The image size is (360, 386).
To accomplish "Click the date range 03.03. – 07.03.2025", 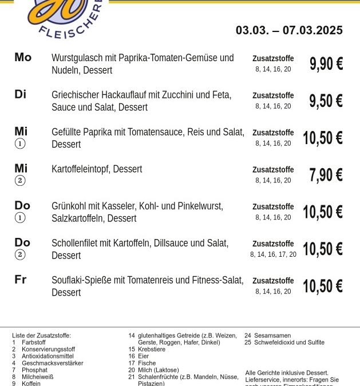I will point(289,30).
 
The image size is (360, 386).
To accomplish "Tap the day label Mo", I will point(23,57).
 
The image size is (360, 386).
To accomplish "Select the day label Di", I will point(21,94).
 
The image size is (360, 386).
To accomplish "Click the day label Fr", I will point(21,280).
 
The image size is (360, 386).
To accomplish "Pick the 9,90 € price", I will point(326,63).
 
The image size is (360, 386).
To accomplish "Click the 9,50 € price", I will point(326,101).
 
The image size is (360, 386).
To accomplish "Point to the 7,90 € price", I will point(326,175).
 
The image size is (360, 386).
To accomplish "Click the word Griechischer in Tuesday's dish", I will point(76,95).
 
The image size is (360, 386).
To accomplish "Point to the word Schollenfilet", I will point(74,243).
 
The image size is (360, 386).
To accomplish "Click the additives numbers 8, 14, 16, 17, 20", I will point(273,254).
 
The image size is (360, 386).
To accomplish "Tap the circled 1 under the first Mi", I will point(20,144).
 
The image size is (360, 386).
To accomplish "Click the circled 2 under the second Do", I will point(20,255).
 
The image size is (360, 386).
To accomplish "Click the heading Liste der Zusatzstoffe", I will point(41,336).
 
